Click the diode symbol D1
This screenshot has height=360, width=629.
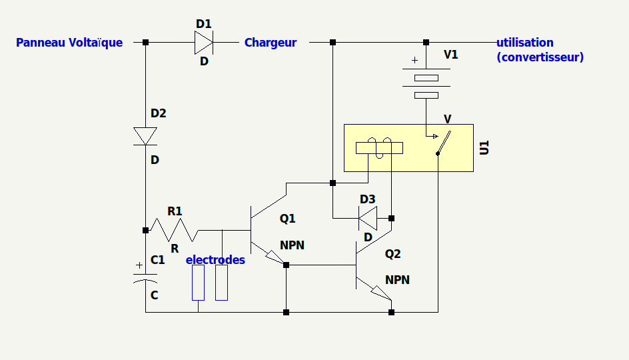click(x=204, y=42)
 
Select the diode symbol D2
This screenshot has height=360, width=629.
click(x=145, y=137)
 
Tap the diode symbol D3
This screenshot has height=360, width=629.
click(x=368, y=218)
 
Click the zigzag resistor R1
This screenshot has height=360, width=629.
click(x=175, y=230)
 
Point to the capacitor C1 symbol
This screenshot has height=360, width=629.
click(x=145, y=278)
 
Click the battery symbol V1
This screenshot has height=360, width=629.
click(x=426, y=83)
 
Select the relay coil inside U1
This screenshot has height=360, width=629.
click(x=380, y=148)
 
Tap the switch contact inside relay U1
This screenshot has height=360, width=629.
click(x=444, y=143)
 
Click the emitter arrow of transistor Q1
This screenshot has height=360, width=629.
click(x=276, y=257)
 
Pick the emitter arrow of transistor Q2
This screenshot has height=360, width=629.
click(x=381, y=293)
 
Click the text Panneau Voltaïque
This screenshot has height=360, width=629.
click(x=69, y=43)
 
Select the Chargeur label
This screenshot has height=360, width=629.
click(x=271, y=43)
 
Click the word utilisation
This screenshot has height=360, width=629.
click(x=525, y=43)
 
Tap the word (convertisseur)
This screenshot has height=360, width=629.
click(x=540, y=57)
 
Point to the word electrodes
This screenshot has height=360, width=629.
click(x=215, y=259)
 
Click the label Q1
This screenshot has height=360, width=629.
click(x=288, y=219)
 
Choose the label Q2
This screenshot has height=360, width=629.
click(x=392, y=253)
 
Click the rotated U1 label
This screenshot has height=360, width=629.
click(x=484, y=148)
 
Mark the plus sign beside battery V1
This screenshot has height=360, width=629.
click(x=414, y=60)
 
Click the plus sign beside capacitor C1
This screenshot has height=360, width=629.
click(x=139, y=265)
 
